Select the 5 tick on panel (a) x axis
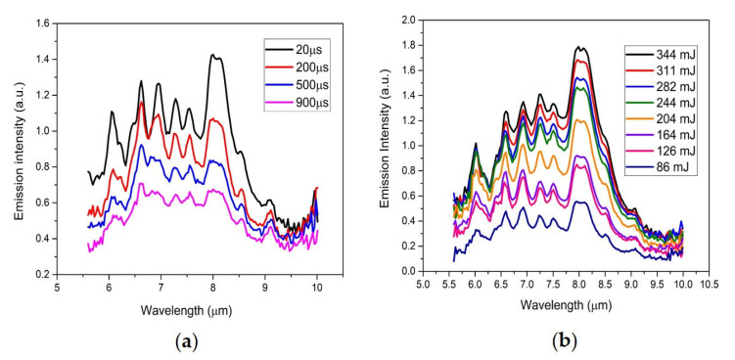[x=57, y=290]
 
